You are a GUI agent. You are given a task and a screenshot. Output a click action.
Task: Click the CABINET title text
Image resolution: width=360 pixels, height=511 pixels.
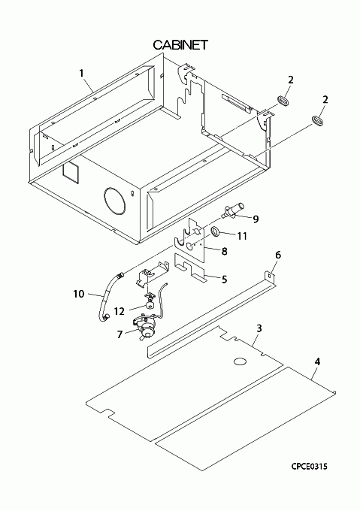(180, 45)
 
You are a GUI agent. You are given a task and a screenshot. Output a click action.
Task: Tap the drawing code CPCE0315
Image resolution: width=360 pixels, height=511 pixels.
(309, 467)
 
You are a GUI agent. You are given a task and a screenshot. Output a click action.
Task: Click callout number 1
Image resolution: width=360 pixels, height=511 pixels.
(81, 73)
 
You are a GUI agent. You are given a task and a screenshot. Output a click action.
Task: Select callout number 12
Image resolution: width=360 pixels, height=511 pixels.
(119, 311)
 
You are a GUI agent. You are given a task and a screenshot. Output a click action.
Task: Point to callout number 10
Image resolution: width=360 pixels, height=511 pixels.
(78, 294)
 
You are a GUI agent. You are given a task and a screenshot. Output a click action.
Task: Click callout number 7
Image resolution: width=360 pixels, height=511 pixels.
(119, 334)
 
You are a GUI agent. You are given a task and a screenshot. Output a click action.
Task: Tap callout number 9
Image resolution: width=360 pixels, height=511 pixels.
(256, 219)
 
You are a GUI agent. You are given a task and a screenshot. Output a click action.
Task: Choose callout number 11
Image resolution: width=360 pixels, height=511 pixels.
(242, 236)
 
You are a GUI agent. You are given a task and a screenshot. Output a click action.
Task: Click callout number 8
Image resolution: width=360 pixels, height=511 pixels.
(224, 251)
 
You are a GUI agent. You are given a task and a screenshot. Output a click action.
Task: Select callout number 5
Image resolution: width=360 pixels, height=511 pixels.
(224, 280)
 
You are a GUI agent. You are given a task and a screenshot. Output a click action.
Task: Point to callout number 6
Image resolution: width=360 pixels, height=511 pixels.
(278, 255)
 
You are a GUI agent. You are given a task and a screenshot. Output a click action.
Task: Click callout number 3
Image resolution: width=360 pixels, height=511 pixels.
(259, 328)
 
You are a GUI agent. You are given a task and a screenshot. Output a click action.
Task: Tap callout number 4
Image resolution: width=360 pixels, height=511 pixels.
(318, 361)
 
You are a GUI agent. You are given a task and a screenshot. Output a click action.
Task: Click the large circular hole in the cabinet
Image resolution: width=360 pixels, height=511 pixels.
(114, 201)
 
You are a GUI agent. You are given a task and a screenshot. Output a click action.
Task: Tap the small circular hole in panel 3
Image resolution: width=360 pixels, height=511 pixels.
(240, 361)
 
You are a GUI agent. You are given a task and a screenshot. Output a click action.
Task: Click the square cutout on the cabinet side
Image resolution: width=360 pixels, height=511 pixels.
(71, 173)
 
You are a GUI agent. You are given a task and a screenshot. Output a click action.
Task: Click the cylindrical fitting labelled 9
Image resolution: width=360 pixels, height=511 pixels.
(233, 210)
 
